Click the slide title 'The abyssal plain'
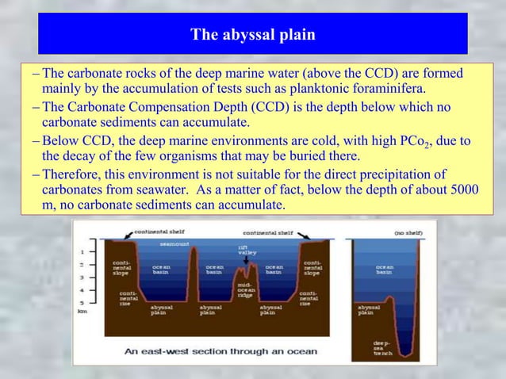(x=252, y=35)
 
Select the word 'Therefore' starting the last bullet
(x=74, y=174)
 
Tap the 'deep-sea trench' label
(x=382, y=348)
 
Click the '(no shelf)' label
(x=408, y=233)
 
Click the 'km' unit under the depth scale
(x=82, y=312)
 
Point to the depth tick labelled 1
(x=82, y=252)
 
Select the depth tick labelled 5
(x=82, y=302)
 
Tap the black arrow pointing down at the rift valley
(x=247, y=260)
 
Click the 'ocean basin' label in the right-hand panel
(x=385, y=270)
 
